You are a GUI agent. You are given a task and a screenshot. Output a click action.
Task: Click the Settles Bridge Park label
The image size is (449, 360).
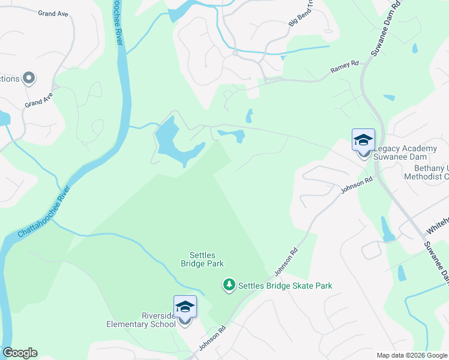coord(202,259)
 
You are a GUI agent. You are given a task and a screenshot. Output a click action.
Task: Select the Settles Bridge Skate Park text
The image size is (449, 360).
coord(285,286)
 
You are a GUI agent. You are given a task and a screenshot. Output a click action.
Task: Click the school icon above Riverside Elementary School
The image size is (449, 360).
coord(185,308)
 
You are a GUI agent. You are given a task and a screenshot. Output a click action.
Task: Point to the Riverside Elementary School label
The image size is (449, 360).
coord(141,320)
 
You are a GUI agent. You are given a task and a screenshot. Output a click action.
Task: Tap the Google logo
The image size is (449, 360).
coord(20,353)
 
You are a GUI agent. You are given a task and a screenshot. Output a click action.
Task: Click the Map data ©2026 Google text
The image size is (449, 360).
coord(411,355)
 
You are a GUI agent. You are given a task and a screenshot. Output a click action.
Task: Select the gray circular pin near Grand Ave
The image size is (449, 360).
coord(28,78)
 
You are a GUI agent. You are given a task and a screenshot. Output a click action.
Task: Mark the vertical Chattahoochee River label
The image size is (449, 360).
coord(118,23)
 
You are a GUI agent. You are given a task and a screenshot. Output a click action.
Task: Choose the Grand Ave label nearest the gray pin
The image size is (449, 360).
coord(39,100)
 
